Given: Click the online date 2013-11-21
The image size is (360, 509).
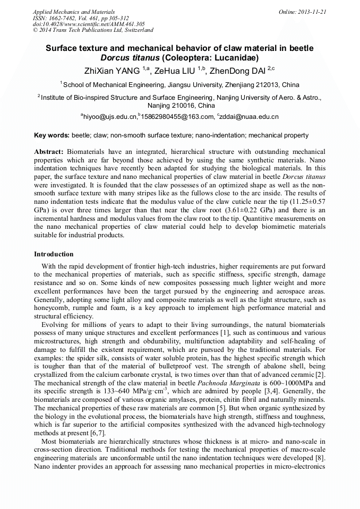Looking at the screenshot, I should click(312, 11).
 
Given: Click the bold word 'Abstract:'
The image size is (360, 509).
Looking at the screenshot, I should click(49, 152).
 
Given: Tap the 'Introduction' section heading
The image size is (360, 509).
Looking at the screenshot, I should click(54, 254).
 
